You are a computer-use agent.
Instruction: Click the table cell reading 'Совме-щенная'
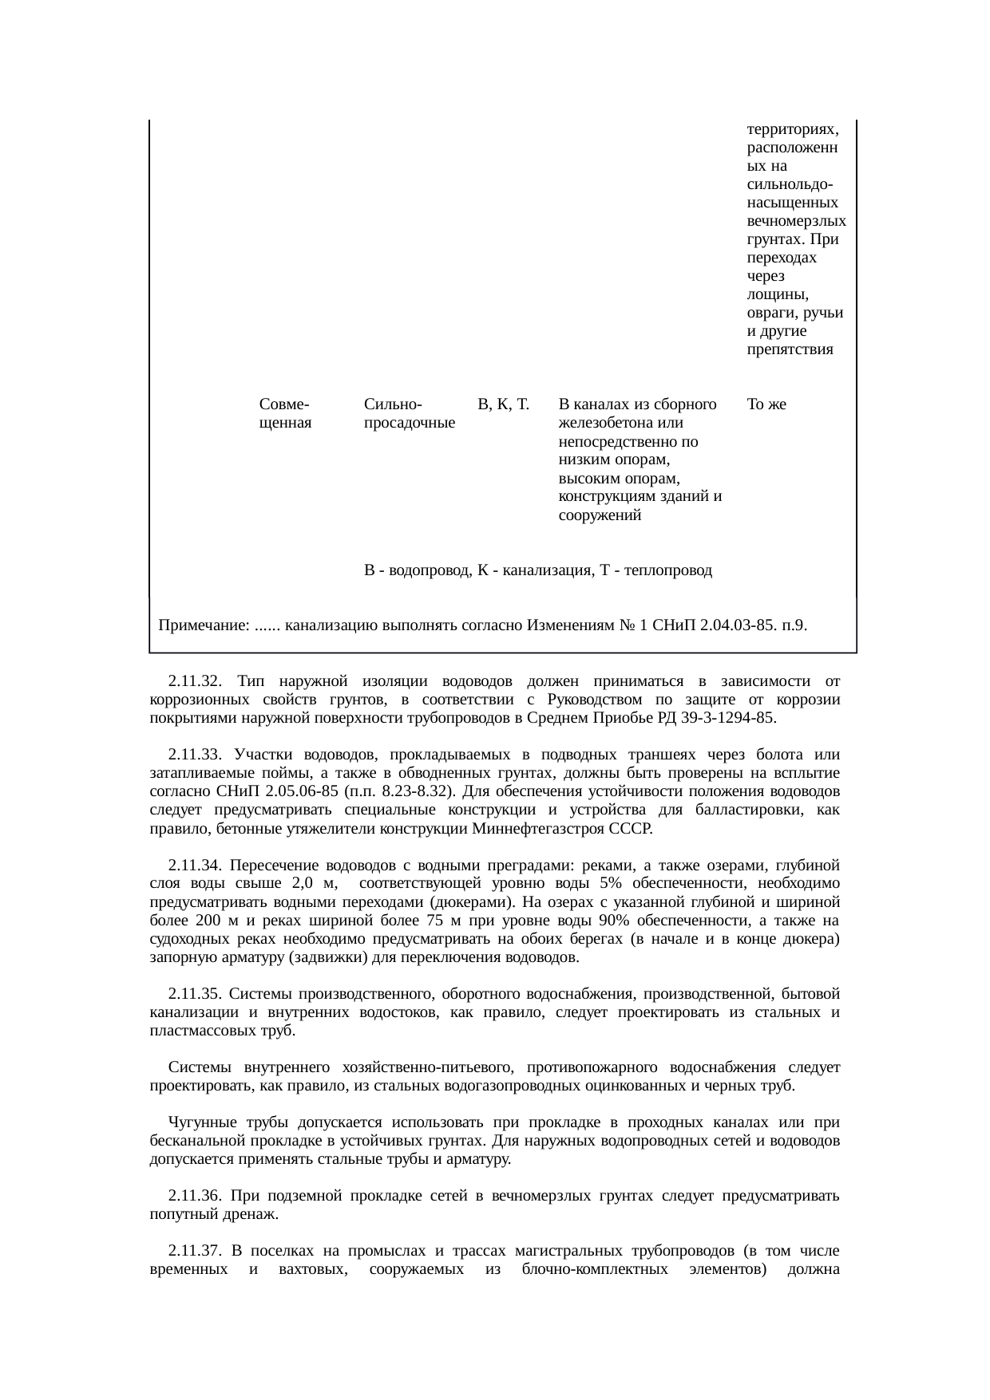coord(285,413)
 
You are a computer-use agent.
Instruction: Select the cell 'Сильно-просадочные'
coord(410,413)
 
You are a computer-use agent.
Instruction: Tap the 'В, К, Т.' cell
coord(503,404)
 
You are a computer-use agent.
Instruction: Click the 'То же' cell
coord(766,404)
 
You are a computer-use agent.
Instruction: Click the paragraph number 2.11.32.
coord(194,682)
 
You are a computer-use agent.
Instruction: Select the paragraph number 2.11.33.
coord(194,755)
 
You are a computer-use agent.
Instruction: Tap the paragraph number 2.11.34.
coord(194,866)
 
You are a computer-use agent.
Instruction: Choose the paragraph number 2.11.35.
coord(194,995)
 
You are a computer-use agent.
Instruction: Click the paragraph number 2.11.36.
coord(194,1197)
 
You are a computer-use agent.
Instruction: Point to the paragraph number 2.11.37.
coord(194,1251)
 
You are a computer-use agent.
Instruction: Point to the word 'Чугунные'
coord(199,1123)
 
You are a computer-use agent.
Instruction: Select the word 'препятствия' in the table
coord(790,349)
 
